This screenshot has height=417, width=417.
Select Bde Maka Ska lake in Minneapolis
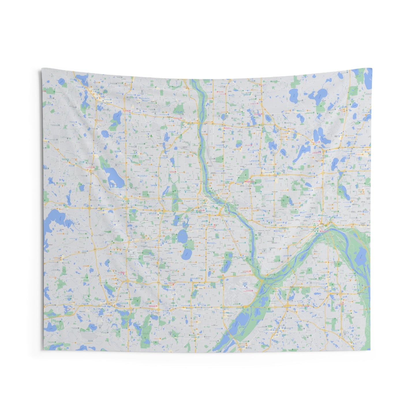(x=182, y=237)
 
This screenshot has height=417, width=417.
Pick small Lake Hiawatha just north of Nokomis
(x=228, y=255)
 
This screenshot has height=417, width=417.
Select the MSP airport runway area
(x=241, y=289)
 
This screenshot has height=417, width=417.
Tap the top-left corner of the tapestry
(x=42, y=69)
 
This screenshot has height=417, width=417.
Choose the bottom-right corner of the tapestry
(x=370, y=350)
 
